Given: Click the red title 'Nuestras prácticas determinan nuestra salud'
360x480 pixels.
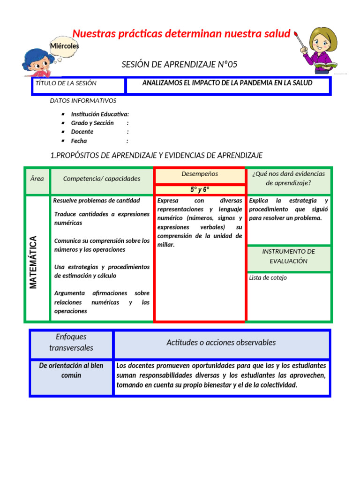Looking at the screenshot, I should click(x=181, y=33).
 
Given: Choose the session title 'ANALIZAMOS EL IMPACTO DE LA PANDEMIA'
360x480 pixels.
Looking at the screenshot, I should click(x=227, y=83).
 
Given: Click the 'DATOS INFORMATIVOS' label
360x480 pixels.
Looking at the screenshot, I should click(x=83, y=100).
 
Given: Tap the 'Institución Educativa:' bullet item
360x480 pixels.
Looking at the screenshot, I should click(x=100, y=114).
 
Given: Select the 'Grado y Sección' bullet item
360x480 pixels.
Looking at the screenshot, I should click(x=92, y=123).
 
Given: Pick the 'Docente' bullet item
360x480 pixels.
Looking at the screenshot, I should click(x=82, y=132).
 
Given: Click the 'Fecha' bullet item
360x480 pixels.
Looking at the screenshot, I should click(x=79, y=141).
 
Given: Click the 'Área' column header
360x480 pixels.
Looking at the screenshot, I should click(x=37, y=179).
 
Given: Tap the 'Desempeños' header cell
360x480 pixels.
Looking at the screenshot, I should click(x=199, y=174).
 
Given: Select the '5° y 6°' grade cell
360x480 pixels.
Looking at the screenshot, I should click(x=199, y=190).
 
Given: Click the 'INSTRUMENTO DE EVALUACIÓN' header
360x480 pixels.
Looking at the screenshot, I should click(x=288, y=256).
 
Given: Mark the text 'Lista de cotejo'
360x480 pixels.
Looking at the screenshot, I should click(x=268, y=277).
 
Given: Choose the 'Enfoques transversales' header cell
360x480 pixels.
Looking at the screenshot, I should click(x=71, y=342).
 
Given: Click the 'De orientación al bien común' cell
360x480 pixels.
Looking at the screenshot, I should click(x=71, y=370).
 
